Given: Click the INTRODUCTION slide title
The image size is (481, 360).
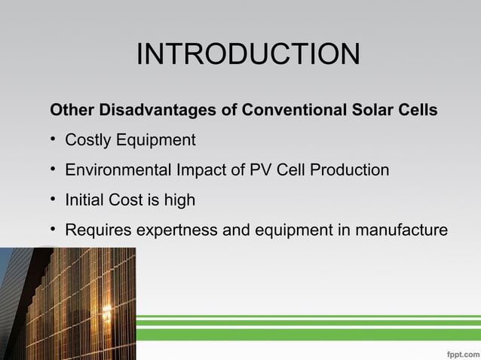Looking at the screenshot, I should [248, 54].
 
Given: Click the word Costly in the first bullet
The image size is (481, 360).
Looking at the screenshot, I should [87, 140].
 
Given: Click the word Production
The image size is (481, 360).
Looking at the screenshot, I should [349, 170].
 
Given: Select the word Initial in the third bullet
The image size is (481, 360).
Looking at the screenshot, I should [84, 200].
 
